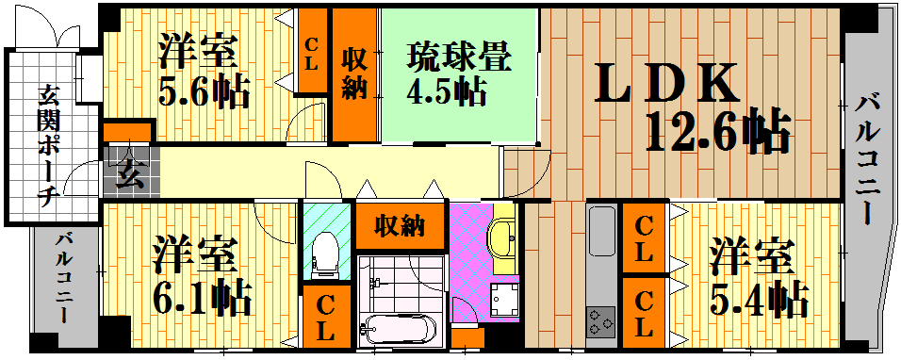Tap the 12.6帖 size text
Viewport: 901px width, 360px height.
pyautogui.click(x=717, y=132)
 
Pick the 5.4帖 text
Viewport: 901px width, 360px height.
pyautogui.click(x=759, y=300)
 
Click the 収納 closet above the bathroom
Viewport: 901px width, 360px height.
pyautogui.click(x=400, y=225)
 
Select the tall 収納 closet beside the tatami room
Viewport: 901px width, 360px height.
pyautogui.click(x=355, y=75)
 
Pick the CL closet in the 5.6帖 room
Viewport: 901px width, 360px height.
pyautogui.click(x=311, y=51)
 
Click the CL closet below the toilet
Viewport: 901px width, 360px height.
pyautogui.click(x=326, y=317)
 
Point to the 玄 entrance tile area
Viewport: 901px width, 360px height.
pyautogui.click(x=130, y=172)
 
